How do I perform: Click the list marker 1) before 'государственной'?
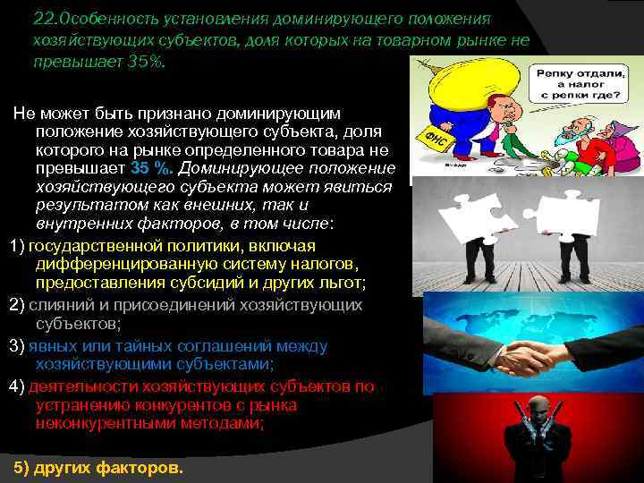[x=17, y=246]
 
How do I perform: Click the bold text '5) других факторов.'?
[x=98, y=467]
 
